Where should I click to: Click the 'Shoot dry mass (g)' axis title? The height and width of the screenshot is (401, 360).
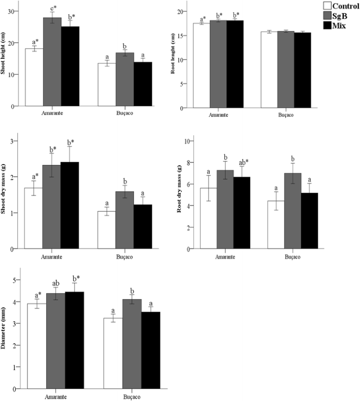tap(6, 191)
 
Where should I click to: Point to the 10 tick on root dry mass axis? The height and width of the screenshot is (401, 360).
tap(191, 141)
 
